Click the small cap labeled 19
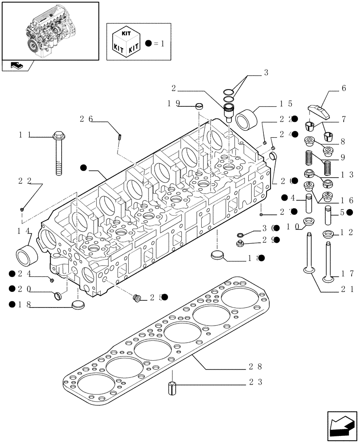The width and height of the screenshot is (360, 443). coord(200,106)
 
